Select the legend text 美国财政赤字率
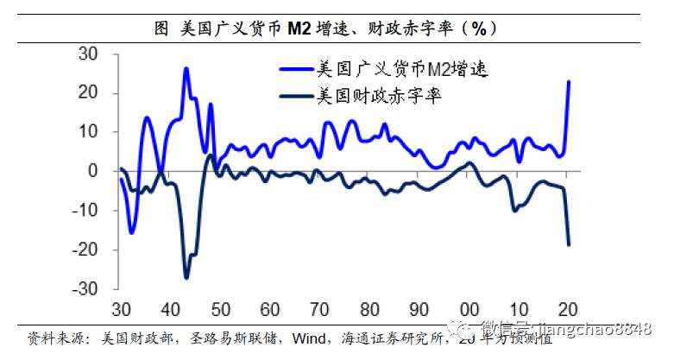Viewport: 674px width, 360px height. (381, 95)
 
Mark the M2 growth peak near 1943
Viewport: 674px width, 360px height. (186, 68)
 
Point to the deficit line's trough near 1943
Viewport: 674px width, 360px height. (186, 277)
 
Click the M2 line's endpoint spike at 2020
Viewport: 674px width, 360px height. (569, 82)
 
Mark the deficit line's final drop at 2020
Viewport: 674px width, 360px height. (569, 244)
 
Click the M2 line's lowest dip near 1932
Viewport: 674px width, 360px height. (131, 231)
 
